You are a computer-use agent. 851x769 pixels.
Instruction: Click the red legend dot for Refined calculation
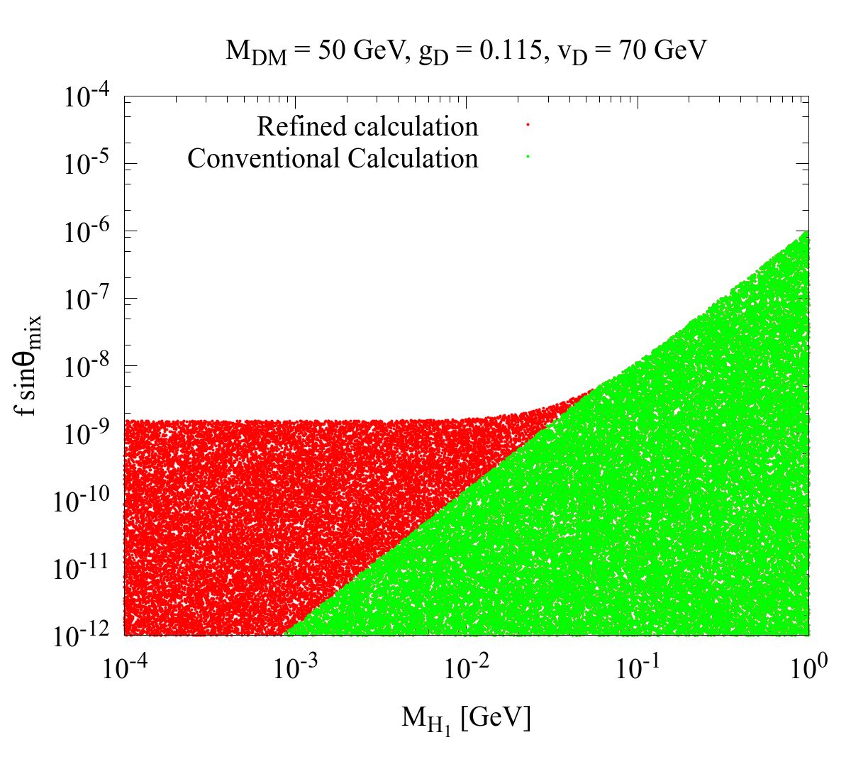528,124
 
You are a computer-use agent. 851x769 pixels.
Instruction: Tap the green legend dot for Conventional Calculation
528,157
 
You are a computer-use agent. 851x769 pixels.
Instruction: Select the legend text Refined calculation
367,126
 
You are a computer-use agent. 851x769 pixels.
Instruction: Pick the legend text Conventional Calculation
333,158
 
